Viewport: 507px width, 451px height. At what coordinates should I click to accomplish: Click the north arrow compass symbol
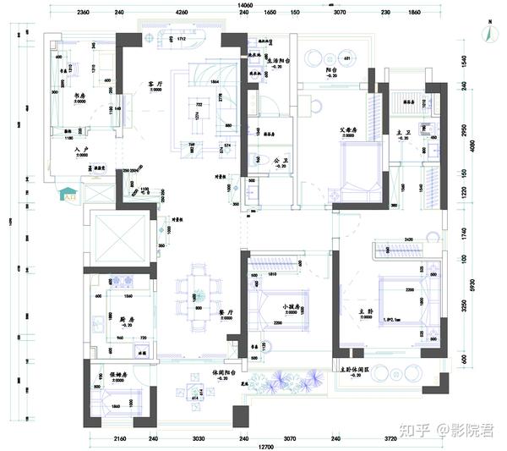[489, 31]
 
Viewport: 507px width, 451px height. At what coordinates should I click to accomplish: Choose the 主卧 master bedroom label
[389, 312]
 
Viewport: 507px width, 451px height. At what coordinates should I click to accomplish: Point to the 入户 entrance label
[81, 150]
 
